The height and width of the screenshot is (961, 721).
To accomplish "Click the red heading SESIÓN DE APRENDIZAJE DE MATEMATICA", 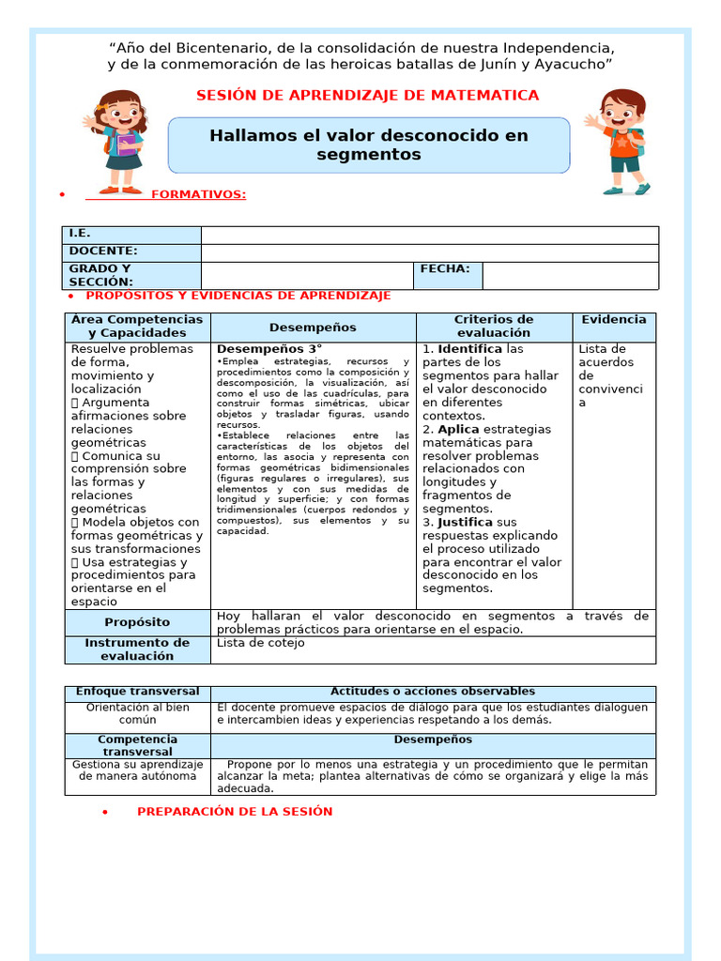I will pos(368,95).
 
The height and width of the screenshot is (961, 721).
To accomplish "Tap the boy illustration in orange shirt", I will pos(619,142).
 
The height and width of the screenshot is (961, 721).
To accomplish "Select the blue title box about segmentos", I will pos(368,145).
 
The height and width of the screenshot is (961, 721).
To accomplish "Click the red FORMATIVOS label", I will pos(198,194).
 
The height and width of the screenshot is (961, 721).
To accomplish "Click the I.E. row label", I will pos(131,235).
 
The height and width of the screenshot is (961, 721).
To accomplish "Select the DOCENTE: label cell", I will pos(131,252).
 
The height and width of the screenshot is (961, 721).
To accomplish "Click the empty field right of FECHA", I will pos(569,275).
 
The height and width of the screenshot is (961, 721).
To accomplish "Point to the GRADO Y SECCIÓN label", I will pos(131,275).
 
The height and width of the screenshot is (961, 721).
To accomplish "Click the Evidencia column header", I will pos(614,320).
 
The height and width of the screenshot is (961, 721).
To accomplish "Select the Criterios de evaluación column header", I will pos(494,327).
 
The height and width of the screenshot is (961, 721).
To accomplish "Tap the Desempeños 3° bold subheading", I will pos(256,348).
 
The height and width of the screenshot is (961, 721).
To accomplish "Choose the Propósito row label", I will pos(137,622).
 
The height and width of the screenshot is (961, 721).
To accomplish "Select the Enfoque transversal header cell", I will pos(138,692).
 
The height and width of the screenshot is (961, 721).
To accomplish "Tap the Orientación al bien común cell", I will pos(138,713).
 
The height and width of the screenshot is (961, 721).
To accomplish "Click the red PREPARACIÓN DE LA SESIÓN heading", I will pos(235,812).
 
